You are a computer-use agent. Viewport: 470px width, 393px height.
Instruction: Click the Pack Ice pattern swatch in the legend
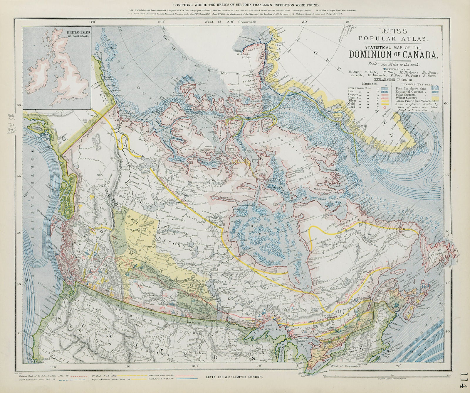coord(435,88)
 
